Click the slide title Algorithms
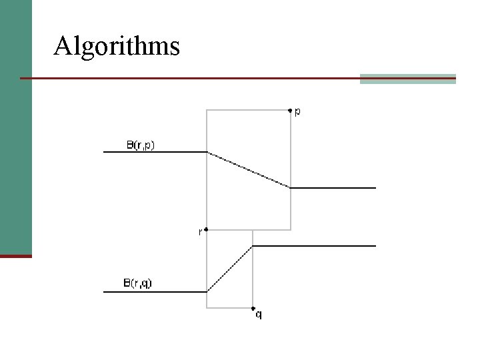[117, 47]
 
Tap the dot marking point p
[290, 111]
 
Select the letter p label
[297, 112]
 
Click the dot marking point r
[207, 229]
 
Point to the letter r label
[201, 232]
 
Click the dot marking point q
[253, 309]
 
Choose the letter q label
[259, 315]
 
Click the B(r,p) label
[141, 144]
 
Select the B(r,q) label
[137, 283]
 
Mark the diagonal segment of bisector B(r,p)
[249, 170]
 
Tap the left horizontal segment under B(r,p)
[155, 152]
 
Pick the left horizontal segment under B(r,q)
[155, 292]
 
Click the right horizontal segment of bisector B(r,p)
[333, 188]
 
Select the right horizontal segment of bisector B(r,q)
[315, 246]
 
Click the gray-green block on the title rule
[407, 79]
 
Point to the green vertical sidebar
[15, 127]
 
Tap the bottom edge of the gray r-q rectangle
[230, 308]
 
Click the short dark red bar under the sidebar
[15, 256]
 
